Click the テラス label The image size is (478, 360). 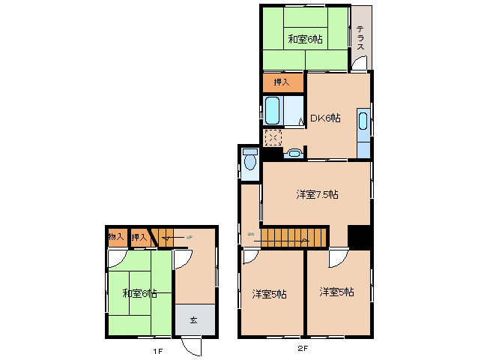(x=361, y=38)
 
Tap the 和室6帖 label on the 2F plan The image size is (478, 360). (x=305, y=39)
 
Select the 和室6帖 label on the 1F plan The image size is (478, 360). (x=139, y=292)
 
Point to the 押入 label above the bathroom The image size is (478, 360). (x=282, y=82)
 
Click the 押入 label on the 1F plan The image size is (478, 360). (x=139, y=238)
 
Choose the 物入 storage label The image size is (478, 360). (x=116, y=238)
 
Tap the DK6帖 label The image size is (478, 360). (x=326, y=118)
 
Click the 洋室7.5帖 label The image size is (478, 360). (x=316, y=194)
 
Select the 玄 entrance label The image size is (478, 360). (x=193, y=320)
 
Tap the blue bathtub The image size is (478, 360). (x=273, y=111)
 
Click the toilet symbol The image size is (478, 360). (x=249, y=161)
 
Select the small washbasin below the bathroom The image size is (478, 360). (x=294, y=154)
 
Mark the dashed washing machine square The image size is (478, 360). (x=273, y=139)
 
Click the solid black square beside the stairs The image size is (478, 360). (x=360, y=236)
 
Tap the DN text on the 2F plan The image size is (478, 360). (x=251, y=234)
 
